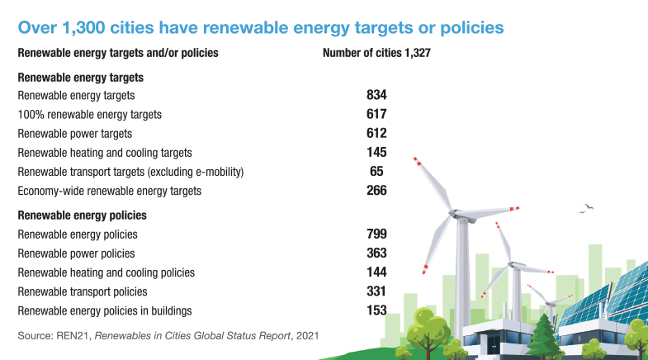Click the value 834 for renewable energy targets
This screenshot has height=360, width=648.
376,95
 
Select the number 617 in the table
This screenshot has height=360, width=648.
376,114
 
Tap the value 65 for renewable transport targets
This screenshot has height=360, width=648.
376,172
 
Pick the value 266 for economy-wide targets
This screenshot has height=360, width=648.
376,191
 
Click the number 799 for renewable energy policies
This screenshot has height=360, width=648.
376,234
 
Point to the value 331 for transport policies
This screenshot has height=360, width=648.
376,291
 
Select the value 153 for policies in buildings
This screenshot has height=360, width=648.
376,310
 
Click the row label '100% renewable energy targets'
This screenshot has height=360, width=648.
90,115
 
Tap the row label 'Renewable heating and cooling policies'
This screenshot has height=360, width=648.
106,272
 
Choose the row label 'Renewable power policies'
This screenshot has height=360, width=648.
77,253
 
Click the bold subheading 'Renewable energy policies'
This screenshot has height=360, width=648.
83,216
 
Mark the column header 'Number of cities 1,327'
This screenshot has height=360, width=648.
376,53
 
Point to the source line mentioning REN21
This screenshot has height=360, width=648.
168,335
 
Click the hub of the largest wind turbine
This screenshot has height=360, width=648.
454,214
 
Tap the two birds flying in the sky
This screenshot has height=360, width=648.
586,208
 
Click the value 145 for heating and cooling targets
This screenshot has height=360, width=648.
376,153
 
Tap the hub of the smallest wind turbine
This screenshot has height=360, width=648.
549,304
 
